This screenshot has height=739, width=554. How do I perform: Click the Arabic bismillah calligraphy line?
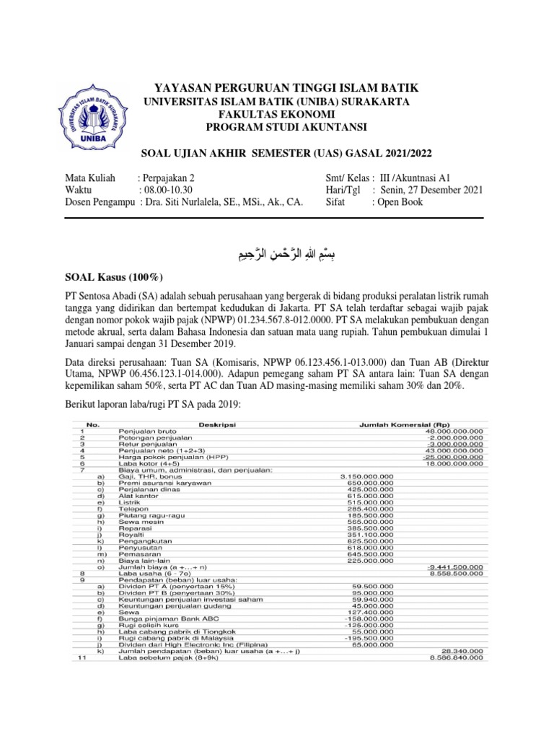(x=276, y=253)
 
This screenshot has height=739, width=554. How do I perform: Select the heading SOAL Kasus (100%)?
(x=115, y=278)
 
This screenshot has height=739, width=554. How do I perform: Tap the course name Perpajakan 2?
(x=168, y=178)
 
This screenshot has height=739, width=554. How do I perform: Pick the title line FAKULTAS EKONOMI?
(x=276, y=115)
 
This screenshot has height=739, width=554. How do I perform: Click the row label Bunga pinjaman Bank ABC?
(x=162, y=618)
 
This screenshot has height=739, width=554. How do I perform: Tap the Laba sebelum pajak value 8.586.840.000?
(x=455, y=659)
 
